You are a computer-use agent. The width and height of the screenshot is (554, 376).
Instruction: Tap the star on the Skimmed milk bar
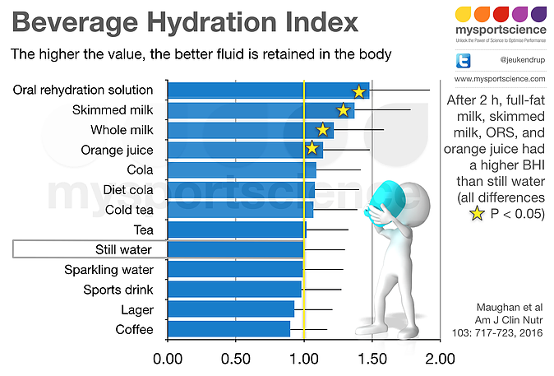344,110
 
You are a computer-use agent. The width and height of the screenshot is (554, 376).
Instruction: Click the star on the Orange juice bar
312,149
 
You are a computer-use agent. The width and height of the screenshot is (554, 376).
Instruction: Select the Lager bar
231,309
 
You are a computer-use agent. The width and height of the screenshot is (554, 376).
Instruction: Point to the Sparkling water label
108,269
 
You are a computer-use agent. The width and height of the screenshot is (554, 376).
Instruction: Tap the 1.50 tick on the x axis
372,359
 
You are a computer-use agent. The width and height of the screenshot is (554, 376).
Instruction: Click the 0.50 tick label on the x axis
236,359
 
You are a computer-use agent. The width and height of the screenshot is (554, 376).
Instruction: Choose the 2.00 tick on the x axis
441,359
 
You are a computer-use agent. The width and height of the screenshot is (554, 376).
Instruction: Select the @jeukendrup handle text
519,60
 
